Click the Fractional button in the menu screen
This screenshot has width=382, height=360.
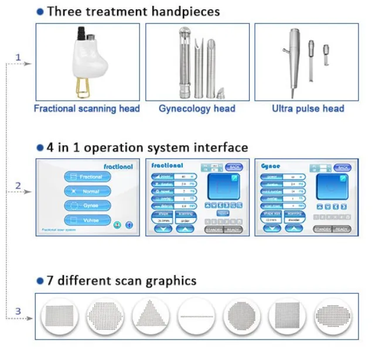click(88, 176)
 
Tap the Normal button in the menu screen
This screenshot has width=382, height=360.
click(88, 191)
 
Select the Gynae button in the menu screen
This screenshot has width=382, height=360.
click(88, 205)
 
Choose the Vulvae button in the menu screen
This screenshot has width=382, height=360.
click(88, 220)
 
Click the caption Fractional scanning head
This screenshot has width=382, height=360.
click(87, 108)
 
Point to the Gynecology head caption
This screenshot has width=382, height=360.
click(197, 108)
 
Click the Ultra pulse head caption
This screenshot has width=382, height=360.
click(308, 108)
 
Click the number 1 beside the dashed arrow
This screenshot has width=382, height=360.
click(18, 57)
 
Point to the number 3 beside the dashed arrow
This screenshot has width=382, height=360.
click(18, 311)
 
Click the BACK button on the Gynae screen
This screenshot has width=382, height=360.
click(342, 167)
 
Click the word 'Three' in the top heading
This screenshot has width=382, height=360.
click(65, 11)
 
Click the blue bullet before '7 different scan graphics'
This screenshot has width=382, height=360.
click(40, 281)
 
